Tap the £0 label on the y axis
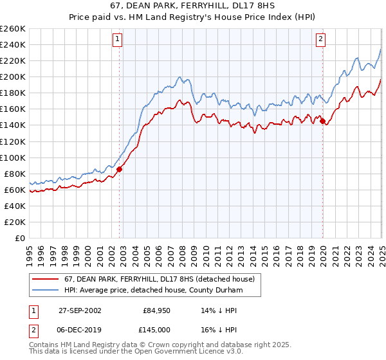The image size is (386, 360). pos(20,238)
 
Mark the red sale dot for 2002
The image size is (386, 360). pos(120,170)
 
